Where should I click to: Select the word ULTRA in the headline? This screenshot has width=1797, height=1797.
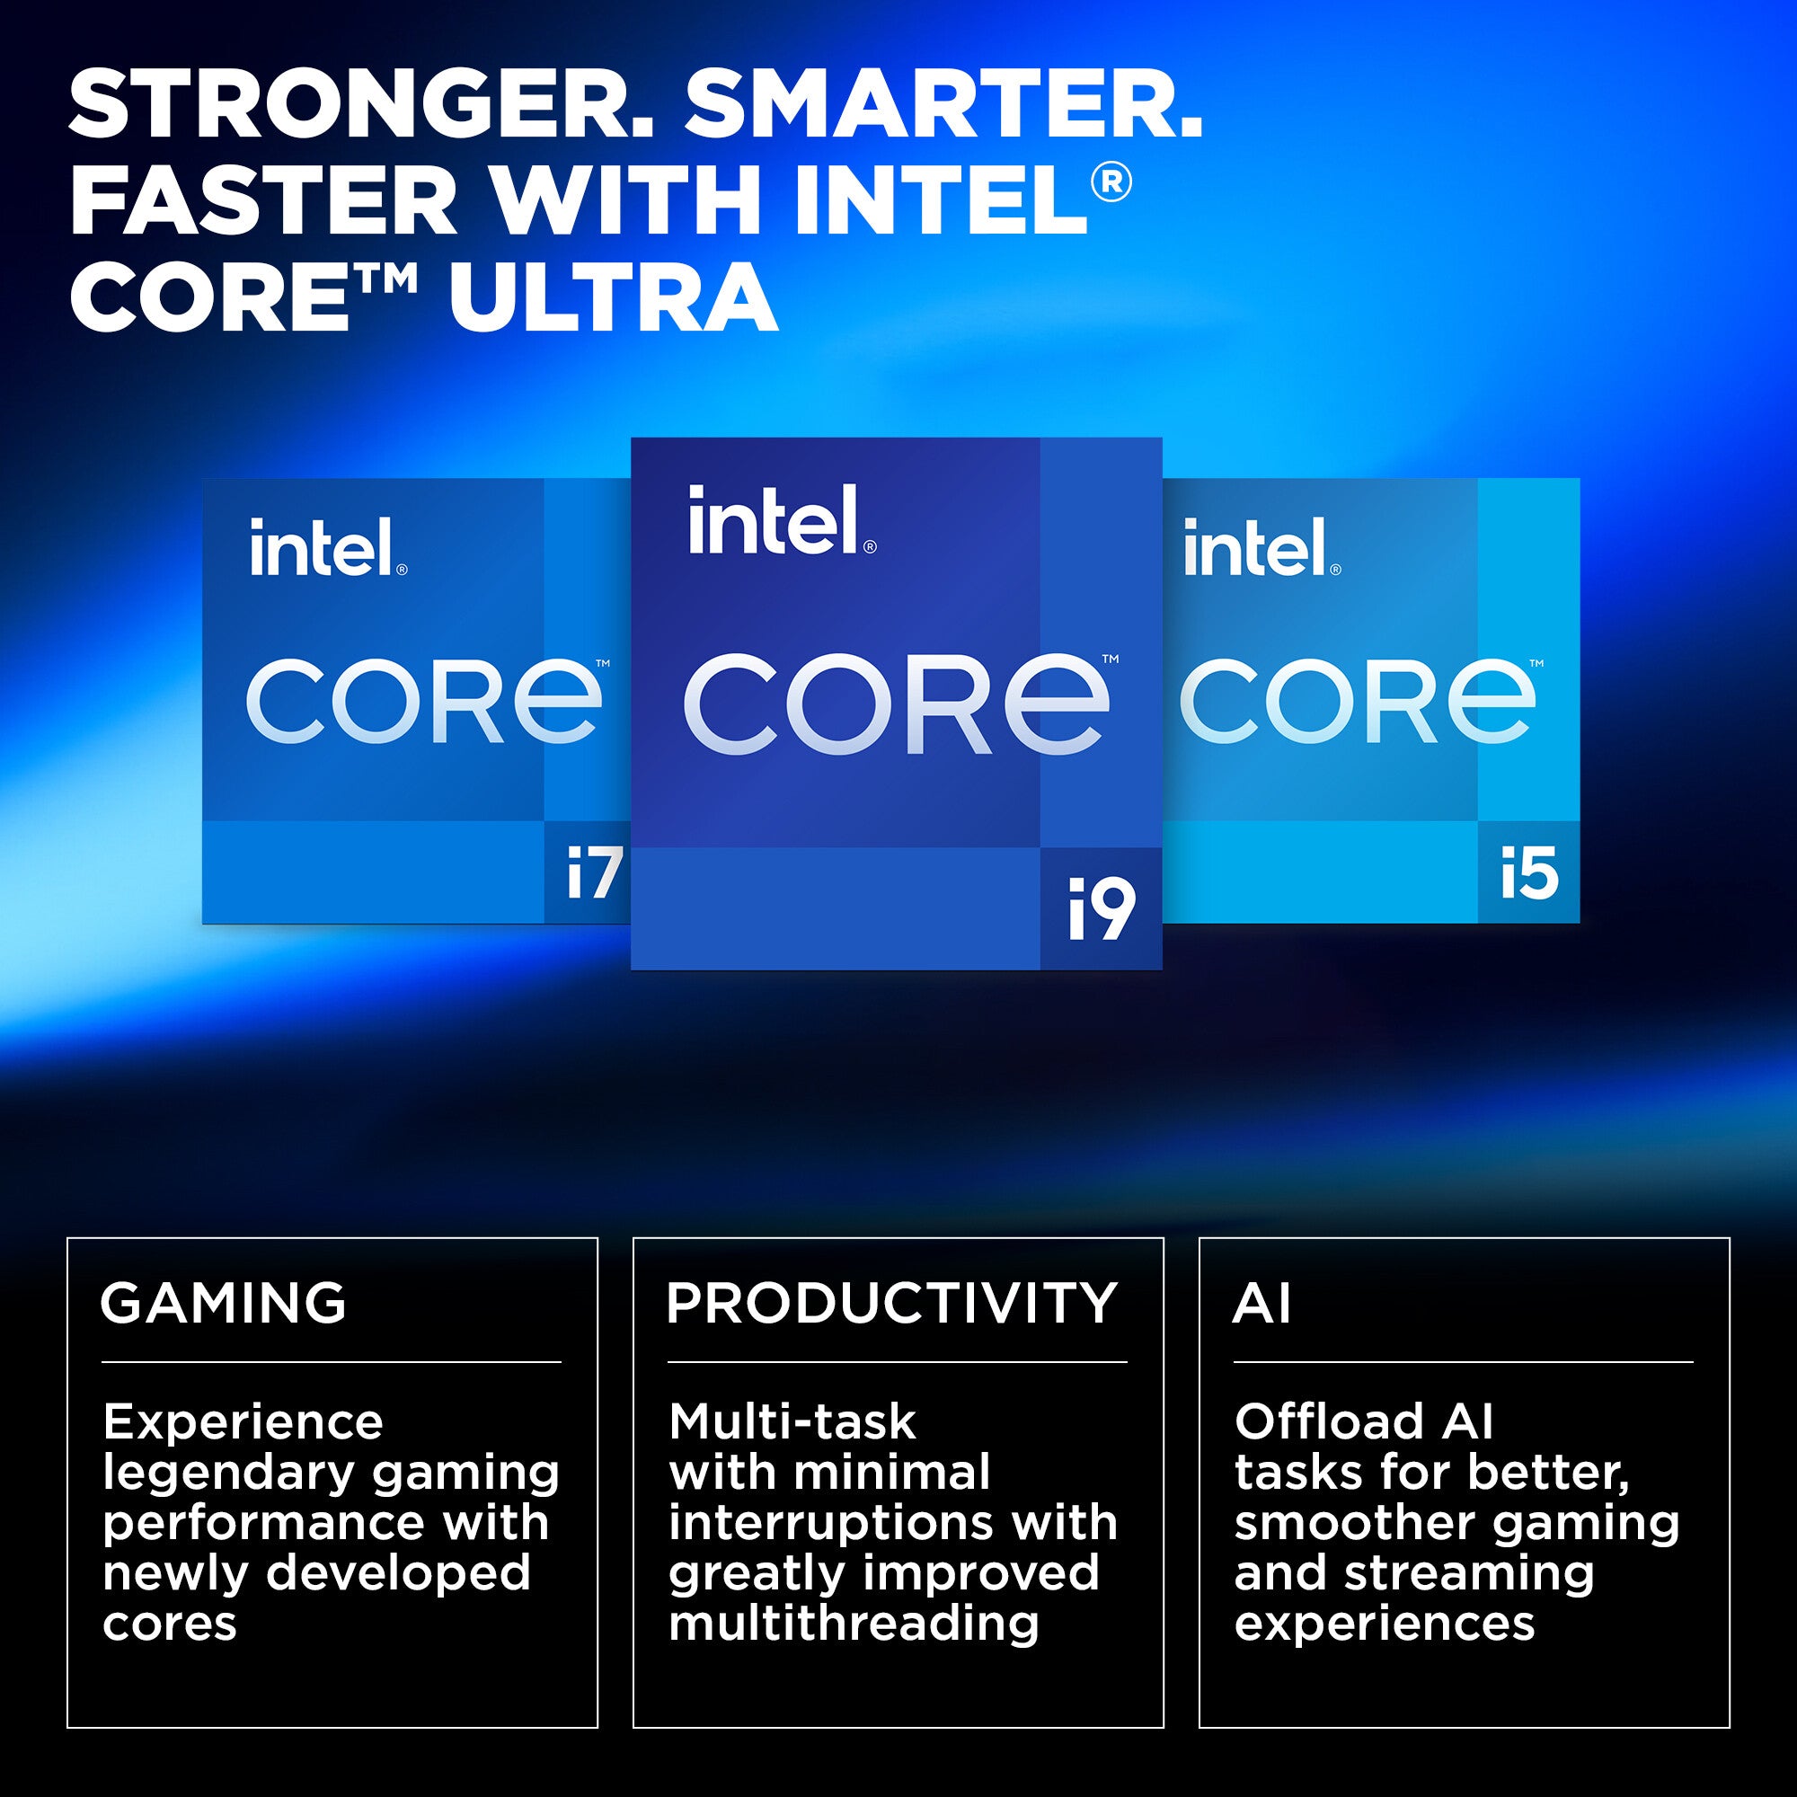point(613,298)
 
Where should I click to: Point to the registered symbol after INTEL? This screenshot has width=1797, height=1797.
point(1111,182)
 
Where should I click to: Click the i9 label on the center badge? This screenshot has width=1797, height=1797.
point(1102,908)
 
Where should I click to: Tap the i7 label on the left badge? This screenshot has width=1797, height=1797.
point(594,873)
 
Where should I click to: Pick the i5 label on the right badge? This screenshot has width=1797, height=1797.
point(1529,873)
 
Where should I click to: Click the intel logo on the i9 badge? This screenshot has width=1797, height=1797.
point(782,520)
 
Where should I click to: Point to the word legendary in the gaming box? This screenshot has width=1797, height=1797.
point(229,1477)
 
